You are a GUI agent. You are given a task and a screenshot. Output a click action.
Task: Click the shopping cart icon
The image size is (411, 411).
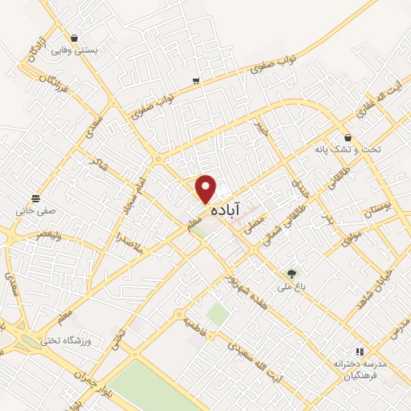click(x=197, y=81)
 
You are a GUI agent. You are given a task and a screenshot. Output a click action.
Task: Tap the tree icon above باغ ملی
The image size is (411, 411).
click(x=291, y=274)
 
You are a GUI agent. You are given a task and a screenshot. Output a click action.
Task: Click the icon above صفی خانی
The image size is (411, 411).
click(x=35, y=198)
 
